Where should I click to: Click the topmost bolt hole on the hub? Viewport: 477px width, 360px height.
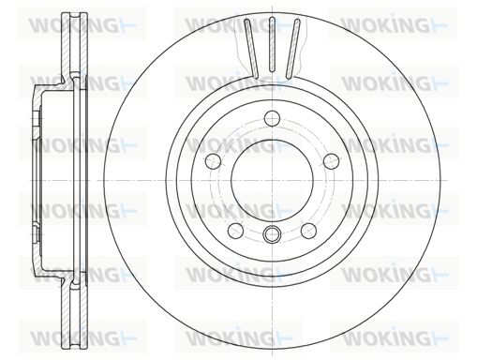click(272, 118)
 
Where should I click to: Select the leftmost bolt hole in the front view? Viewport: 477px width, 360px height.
click(214, 161)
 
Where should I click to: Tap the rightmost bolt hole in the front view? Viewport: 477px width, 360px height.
click(331, 161)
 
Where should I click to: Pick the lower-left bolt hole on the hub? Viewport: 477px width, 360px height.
click(236, 231)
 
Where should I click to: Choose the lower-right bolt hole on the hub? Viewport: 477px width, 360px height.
click(308, 231)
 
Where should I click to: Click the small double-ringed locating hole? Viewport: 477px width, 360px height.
click(272, 233)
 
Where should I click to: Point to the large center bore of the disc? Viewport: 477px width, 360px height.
click(272, 180)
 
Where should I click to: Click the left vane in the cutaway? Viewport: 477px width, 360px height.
click(251, 49)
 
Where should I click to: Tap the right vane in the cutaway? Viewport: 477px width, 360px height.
click(293, 49)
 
